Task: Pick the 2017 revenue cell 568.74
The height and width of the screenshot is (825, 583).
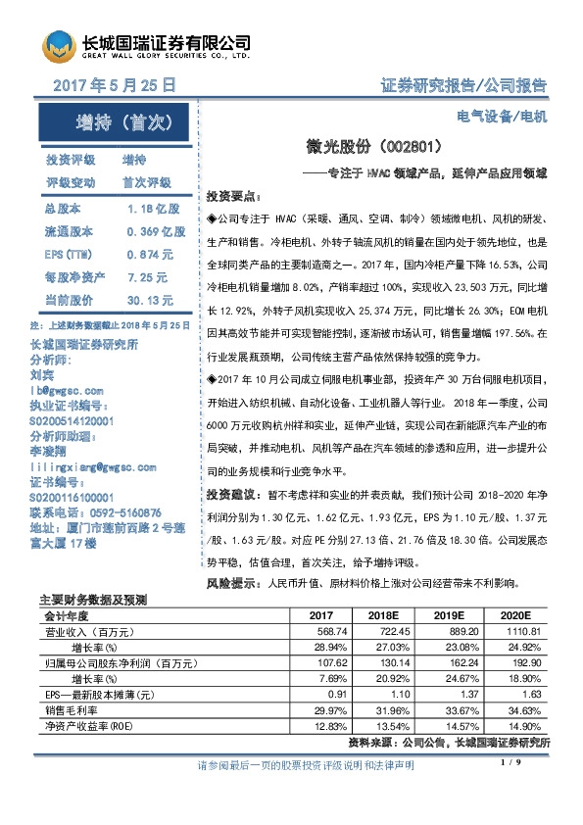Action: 320,631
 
